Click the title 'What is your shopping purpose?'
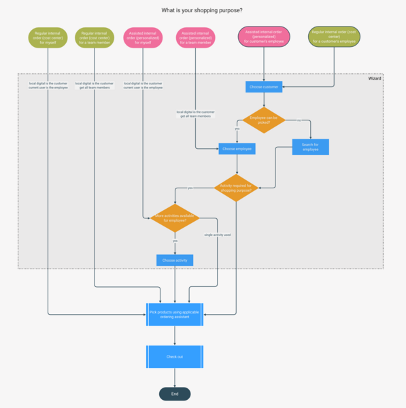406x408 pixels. coord(201,10)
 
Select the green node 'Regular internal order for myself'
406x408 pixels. coord(48,37)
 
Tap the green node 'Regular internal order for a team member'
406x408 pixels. coord(95,37)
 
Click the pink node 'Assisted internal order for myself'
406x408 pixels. coord(143,37)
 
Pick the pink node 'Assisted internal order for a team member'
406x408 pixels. coord(196,37)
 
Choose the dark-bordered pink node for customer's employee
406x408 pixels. coord(264,37)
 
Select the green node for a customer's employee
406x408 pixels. coord(334,37)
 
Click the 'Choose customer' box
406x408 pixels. coord(264,87)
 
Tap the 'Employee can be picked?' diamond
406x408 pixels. coord(264,120)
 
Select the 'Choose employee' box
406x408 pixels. coord(237,148)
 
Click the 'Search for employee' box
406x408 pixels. coord(310,146)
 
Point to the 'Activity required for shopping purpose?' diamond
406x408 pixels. coord(236,188)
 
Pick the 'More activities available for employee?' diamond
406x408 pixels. coord(175,218)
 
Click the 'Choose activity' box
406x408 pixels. coord(175,260)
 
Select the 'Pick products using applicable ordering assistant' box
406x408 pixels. coord(175,314)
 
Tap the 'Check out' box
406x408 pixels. coord(175,356)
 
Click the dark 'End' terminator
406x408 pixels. coord(175,394)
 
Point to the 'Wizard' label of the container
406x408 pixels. coord(375,79)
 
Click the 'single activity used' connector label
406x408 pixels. coord(218,235)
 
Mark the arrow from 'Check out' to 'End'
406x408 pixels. coord(175,377)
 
